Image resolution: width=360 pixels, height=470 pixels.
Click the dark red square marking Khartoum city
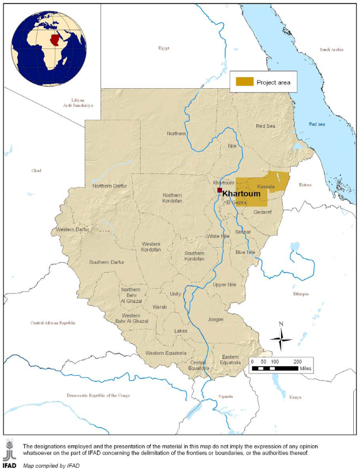pos(220,190)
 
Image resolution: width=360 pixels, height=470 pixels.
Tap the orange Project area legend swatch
pos(245,82)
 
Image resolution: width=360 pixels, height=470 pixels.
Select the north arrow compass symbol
pos(281,338)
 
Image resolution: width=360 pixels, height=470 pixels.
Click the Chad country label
pos(36,170)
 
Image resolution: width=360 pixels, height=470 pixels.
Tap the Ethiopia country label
pos(301,294)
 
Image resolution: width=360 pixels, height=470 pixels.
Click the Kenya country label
pos(295,397)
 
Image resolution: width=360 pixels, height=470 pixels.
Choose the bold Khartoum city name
pos(241,193)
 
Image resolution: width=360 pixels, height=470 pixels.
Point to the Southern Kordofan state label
pos(194,256)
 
